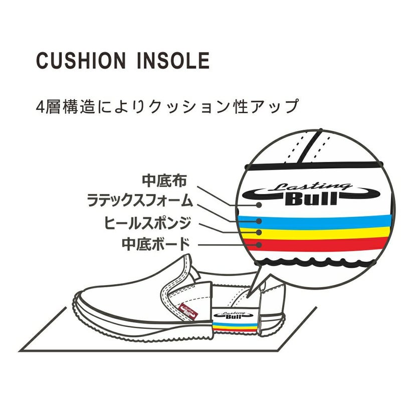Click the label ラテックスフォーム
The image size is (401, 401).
(x=139, y=202)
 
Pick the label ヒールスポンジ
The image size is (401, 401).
(x=147, y=222)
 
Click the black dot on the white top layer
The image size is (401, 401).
(x=259, y=204)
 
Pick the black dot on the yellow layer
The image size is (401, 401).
(x=259, y=233)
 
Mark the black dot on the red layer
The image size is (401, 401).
(x=259, y=245)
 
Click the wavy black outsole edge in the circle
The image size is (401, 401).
(x=321, y=261)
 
